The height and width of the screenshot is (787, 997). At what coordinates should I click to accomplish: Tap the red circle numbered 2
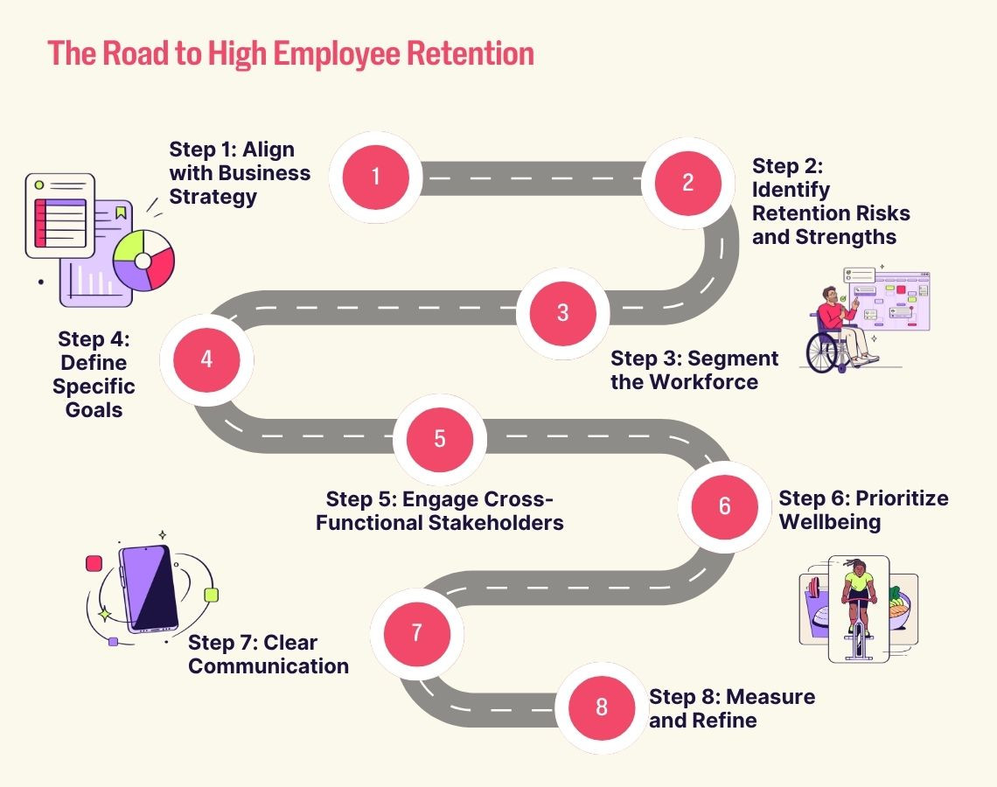tap(687, 183)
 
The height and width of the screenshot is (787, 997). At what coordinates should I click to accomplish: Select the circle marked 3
tap(562, 312)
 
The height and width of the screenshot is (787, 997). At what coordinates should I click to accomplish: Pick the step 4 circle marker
tap(206, 359)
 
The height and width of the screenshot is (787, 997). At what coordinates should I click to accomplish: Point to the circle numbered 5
tap(440, 439)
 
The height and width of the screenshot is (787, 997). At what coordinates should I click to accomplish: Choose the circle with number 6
tap(724, 506)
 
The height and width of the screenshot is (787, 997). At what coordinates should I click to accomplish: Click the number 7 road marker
tap(416, 632)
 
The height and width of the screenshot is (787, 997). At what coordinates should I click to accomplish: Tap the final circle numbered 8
tap(601, 707)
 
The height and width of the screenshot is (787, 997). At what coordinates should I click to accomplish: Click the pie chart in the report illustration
tap(143, 260)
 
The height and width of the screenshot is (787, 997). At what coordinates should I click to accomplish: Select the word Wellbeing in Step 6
tap(830, 522)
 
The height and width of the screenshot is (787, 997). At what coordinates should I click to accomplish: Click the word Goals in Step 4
tap(94, 408)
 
